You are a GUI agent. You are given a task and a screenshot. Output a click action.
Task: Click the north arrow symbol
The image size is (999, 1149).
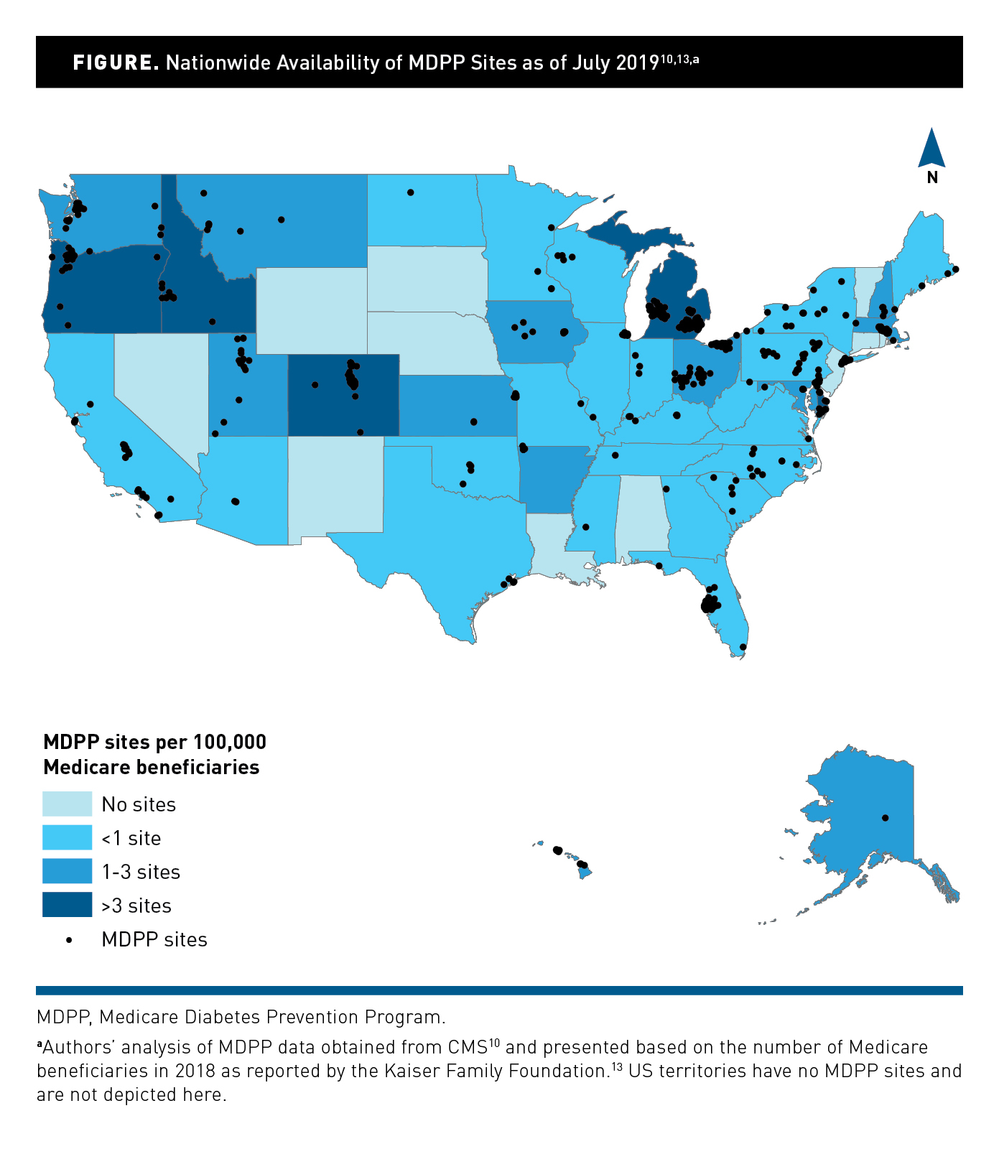click(931, 149)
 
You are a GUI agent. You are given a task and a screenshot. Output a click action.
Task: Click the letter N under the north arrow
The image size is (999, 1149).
click(932, 177)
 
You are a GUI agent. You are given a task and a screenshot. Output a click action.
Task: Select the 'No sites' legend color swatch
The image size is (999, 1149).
click(68, 804)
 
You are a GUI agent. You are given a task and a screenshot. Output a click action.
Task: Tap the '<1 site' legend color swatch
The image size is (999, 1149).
click(68, 837)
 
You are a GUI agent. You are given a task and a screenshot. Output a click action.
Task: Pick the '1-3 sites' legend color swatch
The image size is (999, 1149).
click(68, 871)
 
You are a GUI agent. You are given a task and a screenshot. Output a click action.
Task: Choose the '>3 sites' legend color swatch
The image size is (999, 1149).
click(68, 905)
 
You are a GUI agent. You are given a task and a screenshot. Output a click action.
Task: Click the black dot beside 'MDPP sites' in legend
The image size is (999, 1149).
click(69, 939)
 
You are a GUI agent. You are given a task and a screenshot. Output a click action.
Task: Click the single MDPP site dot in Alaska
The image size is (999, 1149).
click(885, 818)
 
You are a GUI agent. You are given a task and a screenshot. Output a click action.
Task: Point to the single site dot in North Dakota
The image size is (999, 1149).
click(410, 192)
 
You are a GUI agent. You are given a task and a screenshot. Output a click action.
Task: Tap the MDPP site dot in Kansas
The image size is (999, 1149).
click(474, 422)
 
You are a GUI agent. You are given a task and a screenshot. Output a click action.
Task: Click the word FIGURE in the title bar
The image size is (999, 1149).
click(116, 62)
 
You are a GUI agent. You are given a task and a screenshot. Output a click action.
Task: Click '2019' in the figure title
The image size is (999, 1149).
click(637, 63)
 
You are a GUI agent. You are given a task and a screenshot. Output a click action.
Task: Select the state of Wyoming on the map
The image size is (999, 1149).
click(311, 310)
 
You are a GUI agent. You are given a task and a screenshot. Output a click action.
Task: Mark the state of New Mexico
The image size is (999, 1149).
click(335, 488)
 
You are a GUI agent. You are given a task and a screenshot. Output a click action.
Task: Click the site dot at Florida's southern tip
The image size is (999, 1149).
click(743, 647)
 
